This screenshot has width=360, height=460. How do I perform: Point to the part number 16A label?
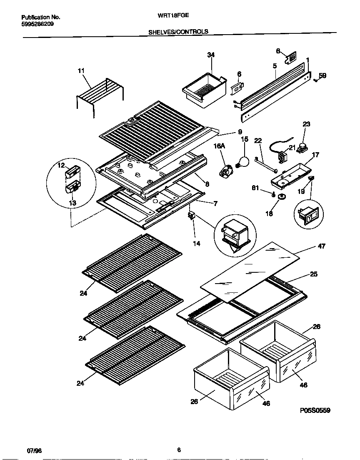(220, 146)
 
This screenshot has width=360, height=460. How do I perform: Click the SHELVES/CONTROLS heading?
(178, 31)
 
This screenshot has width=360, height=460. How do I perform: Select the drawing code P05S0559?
(315, 410)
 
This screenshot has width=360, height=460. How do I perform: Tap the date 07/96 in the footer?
(34, 451)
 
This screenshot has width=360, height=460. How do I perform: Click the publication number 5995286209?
(37, 24)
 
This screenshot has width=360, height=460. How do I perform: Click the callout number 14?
(196, 243)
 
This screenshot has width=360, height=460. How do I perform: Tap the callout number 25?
(313, 274)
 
